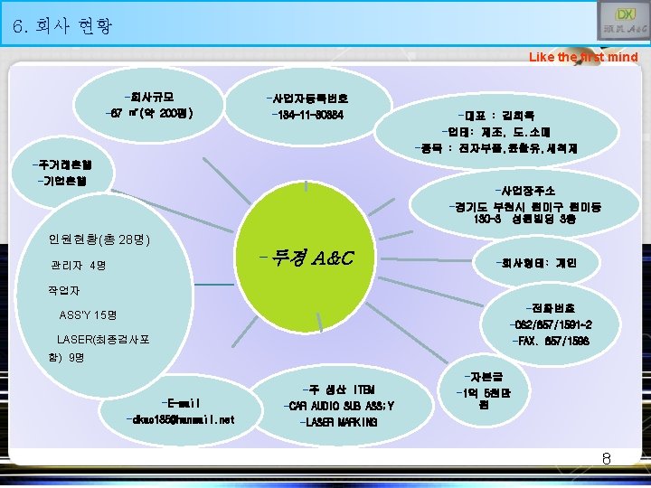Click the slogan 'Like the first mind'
click(583, 57)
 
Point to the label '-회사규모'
click(150, 96)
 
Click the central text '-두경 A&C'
click(304, 260)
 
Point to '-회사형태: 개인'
click(534, 264)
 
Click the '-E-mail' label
click(178, 402)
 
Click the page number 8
click(607, 458)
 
